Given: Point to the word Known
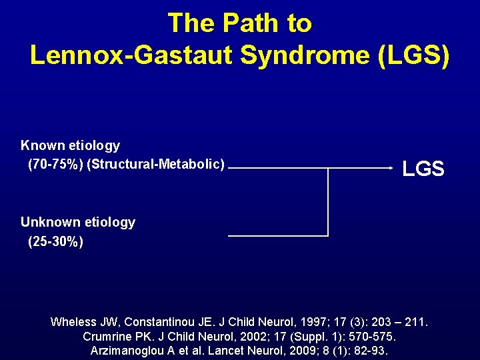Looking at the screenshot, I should [41, 145].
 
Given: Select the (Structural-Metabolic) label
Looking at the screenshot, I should [155, 163].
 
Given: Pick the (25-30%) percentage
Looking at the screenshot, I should [55, 241].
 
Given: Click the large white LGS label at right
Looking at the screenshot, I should [423, 169].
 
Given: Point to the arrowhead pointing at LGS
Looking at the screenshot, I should [392, 168].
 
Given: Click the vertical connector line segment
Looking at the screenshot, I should [328, 201].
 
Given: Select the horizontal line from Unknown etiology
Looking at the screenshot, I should [278, 235].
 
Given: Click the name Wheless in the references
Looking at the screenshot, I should [75, 322].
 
